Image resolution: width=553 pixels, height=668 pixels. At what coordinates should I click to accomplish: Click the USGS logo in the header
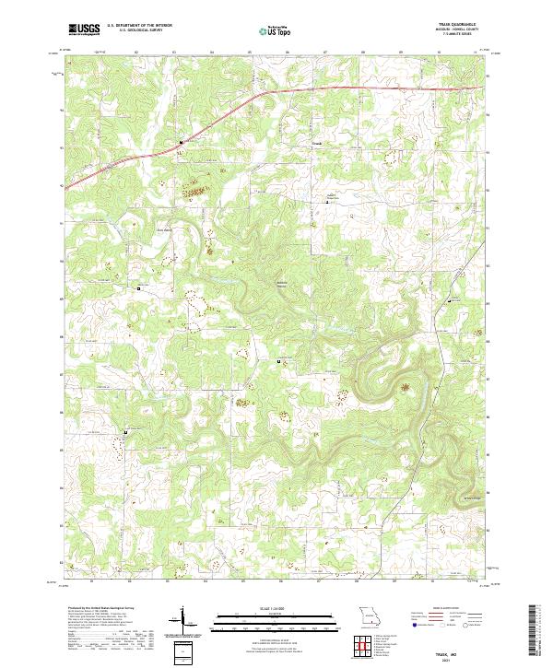(83, 29)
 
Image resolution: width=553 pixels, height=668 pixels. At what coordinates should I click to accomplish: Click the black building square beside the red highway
(181, 142)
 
